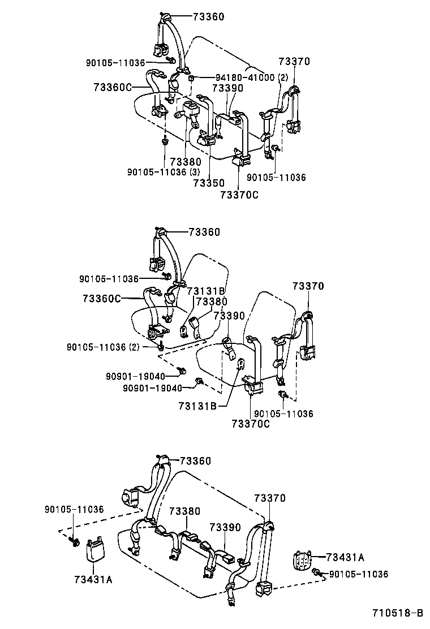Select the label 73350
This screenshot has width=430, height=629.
[209, 183]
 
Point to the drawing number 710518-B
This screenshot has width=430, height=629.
[397, 613]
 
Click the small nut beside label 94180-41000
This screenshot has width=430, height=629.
[193, 77]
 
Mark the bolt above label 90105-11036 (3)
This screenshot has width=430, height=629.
[164, 140]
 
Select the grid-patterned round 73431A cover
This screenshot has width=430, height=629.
[303, 561]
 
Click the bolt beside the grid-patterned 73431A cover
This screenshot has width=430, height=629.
[319, 574]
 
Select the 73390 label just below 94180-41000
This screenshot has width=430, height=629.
[227, 88]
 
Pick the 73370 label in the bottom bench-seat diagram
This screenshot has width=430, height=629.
[269, 498]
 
